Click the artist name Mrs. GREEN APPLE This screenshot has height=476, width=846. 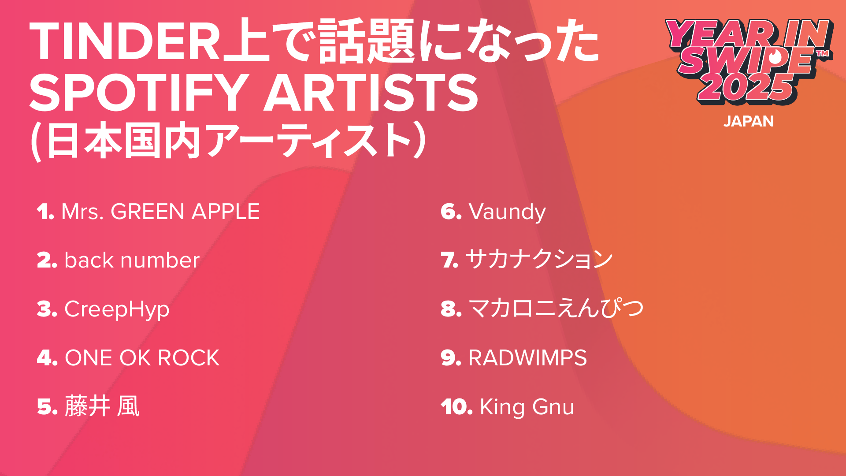(x=160, y=212)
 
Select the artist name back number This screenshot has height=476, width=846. (x=132, y=260)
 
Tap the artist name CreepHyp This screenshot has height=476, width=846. (x=117, y=310)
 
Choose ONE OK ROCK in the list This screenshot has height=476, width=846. (x=142, y=357)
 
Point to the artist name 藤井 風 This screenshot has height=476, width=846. (x=102, y=406)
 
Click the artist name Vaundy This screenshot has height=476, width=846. (x=507, y=212)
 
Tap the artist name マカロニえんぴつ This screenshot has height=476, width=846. (x=556, y=308)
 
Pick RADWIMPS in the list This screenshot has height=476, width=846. (x=527, y=357)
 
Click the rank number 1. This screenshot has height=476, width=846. (x=45, y=212)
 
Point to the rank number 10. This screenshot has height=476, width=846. (x=456, y=407)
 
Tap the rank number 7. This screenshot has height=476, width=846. (x=449, y=260)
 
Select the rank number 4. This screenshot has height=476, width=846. (x=47, y=357)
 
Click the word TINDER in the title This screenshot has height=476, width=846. (x=125, y=41)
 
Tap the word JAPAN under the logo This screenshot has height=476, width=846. (x=749, y=121)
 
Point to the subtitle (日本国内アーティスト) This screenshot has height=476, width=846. (x=228, y=141)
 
